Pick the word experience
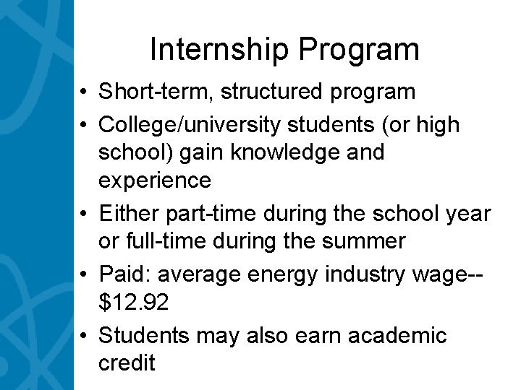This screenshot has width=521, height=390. click(155, 179)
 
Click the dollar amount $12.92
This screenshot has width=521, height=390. click(134, 303)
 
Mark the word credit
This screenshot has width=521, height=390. click(127, 363)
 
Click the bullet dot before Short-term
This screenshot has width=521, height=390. click(85, 92)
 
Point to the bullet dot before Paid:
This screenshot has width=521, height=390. click(85, 276)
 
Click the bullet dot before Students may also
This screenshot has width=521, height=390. click(85, 337)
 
